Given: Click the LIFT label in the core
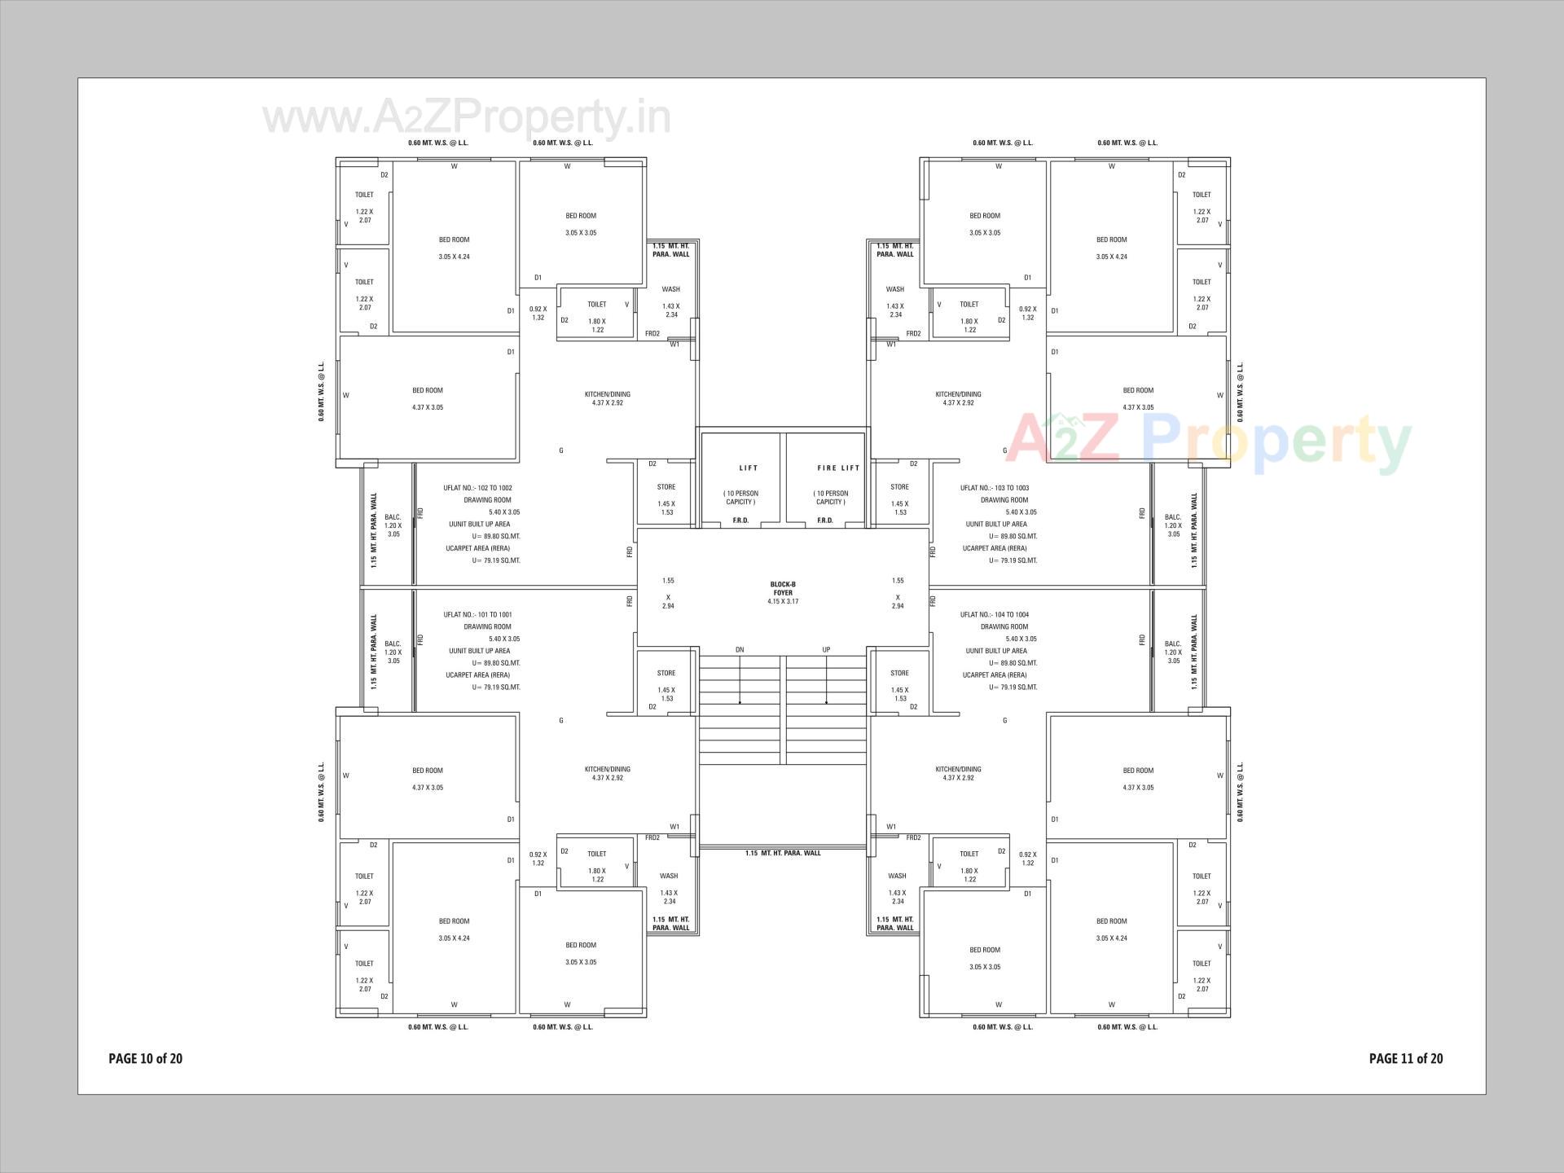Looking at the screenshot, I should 748,468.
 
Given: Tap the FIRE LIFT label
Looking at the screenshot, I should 838,468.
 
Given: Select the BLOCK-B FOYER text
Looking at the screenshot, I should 783,588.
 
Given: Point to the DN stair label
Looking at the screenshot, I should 740,650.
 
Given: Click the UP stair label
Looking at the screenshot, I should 826,650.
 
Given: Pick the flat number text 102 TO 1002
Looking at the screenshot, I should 478,488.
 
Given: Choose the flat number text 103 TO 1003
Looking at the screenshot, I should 995,488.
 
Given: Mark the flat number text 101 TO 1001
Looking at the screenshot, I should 478,615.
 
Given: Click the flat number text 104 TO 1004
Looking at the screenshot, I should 995,615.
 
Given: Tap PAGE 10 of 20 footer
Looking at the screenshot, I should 146,1059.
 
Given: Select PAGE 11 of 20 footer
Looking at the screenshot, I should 1406,1059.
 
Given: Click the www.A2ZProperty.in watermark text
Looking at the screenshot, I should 467,118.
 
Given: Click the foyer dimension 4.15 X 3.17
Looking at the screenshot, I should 783,602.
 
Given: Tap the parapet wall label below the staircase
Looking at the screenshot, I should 783,854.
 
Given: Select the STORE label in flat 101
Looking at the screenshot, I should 666,673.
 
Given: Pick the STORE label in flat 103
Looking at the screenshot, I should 899,487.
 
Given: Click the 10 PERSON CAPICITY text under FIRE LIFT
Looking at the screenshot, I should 831,498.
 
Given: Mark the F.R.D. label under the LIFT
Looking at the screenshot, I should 740,521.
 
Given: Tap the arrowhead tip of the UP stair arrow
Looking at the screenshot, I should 826,702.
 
